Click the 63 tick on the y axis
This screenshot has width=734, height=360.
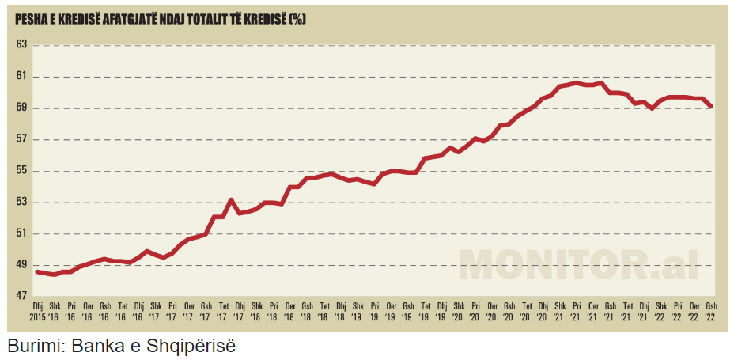(21, 45)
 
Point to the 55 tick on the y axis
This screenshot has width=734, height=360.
(21, 171)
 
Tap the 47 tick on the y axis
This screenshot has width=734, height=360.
(21, 297)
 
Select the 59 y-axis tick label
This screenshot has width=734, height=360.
(21, 108)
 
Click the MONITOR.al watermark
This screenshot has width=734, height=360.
(577, 263)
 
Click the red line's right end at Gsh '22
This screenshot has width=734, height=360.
(711, 107)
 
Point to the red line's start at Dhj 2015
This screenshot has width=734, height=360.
(37, 271)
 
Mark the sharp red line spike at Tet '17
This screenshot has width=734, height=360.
(230, 200)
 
